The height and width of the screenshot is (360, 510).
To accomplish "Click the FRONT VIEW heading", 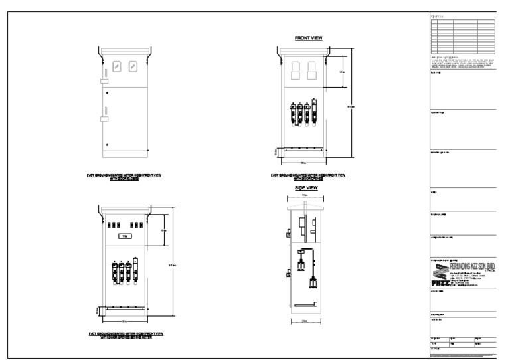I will [308, 38].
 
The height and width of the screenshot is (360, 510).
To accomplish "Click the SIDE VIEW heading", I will [306, 188].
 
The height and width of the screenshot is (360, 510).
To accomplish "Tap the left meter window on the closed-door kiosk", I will [117, 66].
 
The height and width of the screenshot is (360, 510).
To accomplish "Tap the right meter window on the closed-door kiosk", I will [133, 66].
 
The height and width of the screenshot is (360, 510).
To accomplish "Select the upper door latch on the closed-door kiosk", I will [104, 81].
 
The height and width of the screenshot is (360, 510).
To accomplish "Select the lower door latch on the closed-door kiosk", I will [104, 120].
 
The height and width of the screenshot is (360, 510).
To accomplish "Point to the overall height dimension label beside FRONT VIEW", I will [352, 105].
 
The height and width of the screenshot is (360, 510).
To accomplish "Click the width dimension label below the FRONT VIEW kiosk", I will [303, 163].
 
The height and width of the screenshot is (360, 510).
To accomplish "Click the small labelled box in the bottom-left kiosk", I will [124, 236].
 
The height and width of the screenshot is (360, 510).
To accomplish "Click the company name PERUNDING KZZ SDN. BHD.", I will [468, 266].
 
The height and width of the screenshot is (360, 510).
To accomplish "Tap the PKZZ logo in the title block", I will [442, 274].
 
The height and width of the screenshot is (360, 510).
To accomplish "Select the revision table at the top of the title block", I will [463, 36].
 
